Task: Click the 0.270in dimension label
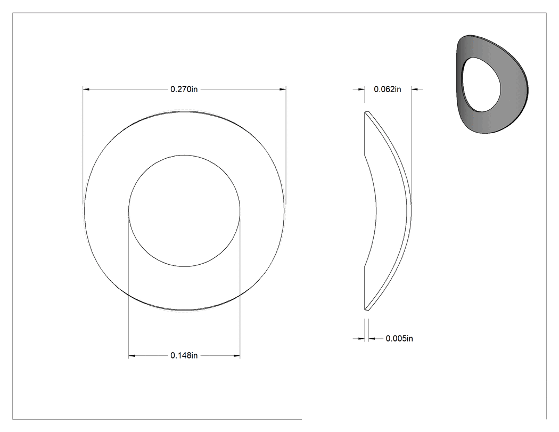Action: pyautogui.click(x=184, y=89)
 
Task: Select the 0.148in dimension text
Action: pyautogui.click(x=184, y=356)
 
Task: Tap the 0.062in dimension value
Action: pyautogui.click(x=388, y=89)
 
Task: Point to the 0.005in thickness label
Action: pyautogui.click(x=399, y=339)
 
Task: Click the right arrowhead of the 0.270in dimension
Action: pyautogui.click(x=283, y=89)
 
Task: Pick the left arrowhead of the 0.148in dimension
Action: pyautogui.click(x=132, y=356)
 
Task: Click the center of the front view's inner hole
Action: pyautogui.click(x=184, y=211)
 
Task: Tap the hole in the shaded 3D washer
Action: pyautogui.click(x=481, y=84)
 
